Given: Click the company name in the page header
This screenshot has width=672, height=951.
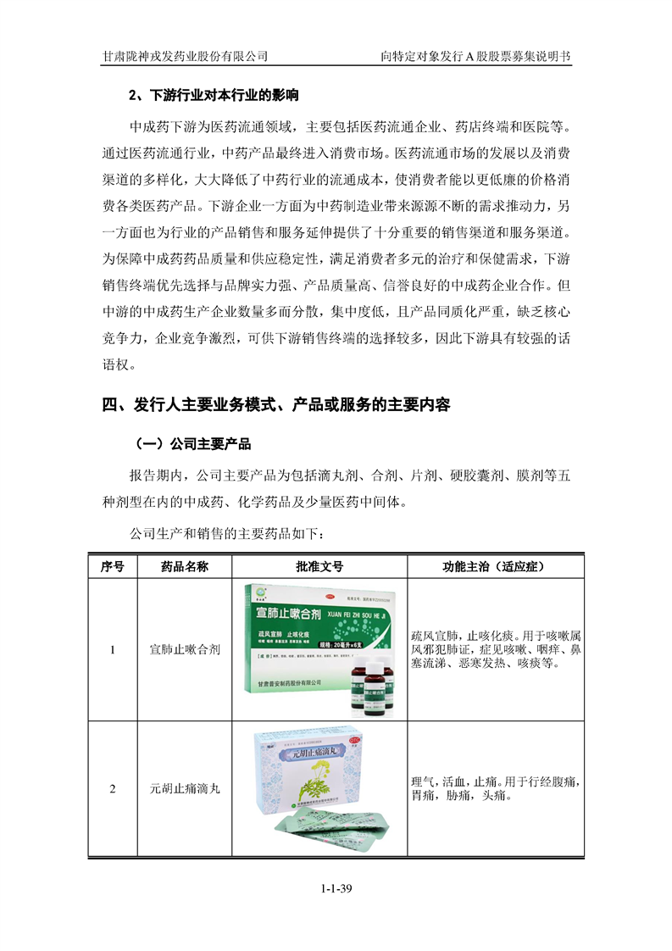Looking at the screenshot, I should coord(185,56).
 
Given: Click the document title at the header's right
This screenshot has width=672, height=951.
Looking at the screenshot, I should coord(476,56).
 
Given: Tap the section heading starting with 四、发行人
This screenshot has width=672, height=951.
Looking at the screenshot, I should coord(276,405).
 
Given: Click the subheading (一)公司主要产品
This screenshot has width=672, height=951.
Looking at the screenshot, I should coord(189,443).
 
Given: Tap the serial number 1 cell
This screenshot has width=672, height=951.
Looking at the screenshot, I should coord(112,650).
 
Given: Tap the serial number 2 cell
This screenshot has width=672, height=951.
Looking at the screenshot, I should coord(112,789).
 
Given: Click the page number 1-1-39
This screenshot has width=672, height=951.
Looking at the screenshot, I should coord(336,888).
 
